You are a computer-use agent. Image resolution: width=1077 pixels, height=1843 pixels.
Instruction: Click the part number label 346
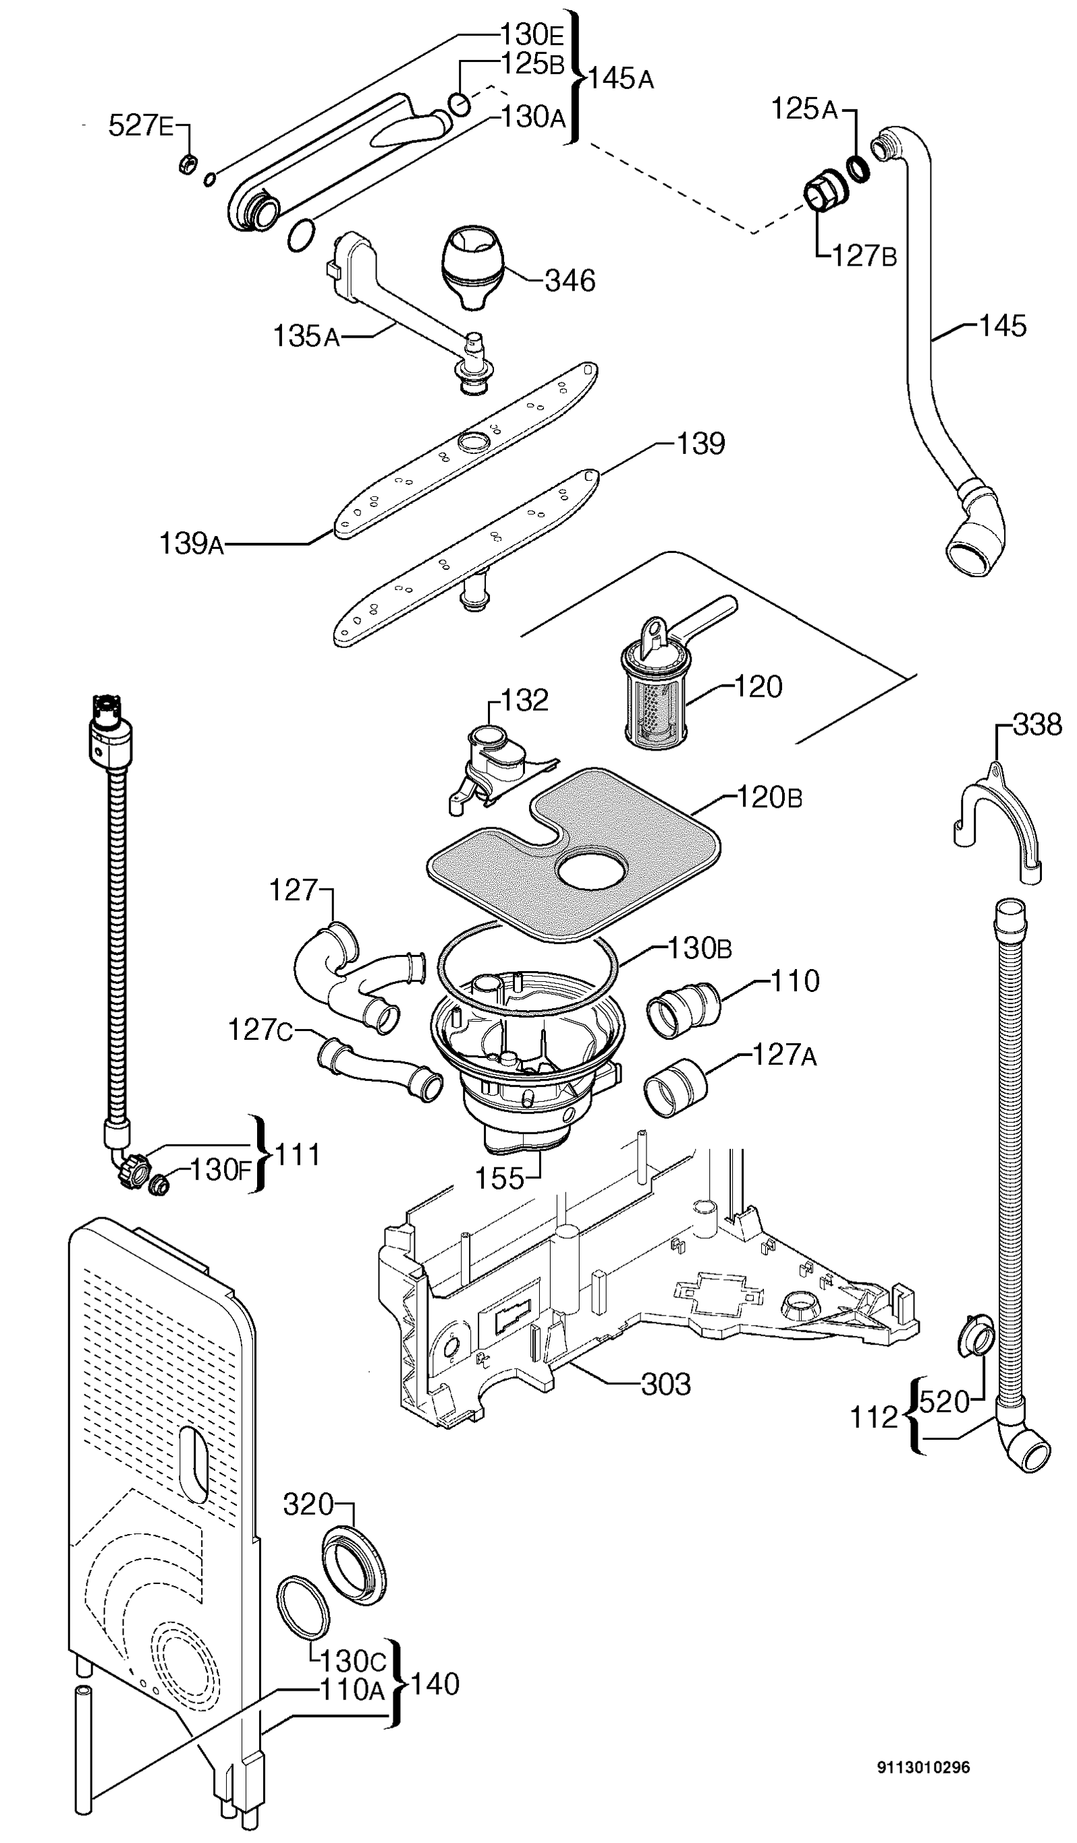[x=570, y=281]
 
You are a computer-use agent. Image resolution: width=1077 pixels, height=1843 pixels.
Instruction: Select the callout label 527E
[x=141, y=126]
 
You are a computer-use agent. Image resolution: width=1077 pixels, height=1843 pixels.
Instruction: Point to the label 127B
[x=864, y=256]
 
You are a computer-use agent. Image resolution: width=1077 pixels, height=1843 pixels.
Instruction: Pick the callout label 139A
[x=191, y=544]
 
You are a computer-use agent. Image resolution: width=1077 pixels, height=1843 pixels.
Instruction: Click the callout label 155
[x=500, y=1178]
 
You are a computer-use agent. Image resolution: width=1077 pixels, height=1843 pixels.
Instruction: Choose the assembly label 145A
[x=620, y=78]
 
